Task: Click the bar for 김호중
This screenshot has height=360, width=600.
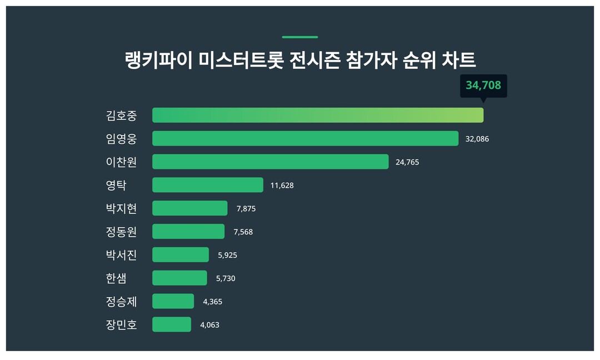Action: pyautogui.click(x=318, y=115)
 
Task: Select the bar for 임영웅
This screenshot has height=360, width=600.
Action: pyautogui.click(x=305, y=138)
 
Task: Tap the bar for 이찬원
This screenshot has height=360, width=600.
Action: pyautogui.click(x=270, y=162)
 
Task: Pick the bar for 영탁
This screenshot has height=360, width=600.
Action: pyautogui.click(x=207, y=185)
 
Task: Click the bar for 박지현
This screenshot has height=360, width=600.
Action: pyautogui.click(x=189, y=208)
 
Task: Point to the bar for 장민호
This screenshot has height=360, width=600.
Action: pyautogui.click(x=171, y=324)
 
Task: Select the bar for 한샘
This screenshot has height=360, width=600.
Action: pyautogui.click(x=179, y=278)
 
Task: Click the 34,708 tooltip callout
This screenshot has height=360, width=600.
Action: pyautogui.click(x=483, y=86)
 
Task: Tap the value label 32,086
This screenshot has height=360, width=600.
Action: pyautogui.click(x=477, y=139)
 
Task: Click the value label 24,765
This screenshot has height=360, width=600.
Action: pyautogui.click(x=407, y=162)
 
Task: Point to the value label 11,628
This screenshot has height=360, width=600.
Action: pyautogui.click(x=282, y=186)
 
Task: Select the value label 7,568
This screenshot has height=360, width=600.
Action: pyautogui.click(x=243, y=232)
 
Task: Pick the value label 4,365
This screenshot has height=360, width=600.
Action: pyautogui.click(x=212, y=302)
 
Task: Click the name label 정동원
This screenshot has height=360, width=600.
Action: pyautogui.click(x=121, y=232)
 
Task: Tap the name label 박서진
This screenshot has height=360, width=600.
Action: pyautogui.click(x=121, y=255)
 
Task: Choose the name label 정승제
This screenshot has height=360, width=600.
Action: pyautogui.click(x=121, y=302)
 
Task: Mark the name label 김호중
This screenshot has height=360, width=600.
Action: pyautogui.click(x=121, y=116)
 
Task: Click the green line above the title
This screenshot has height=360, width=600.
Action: pyautogui.click(x=300, y=37)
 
